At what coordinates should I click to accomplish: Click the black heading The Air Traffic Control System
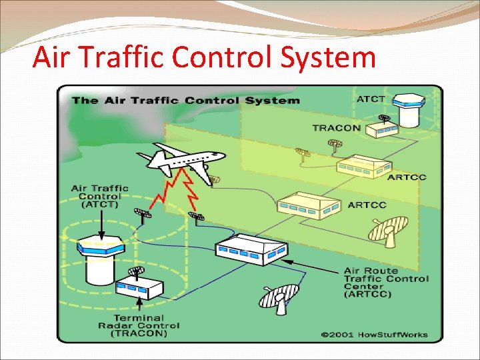point(185,101)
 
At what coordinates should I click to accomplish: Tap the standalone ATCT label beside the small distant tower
point(371,99)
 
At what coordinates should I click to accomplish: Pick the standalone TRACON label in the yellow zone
point(337,127)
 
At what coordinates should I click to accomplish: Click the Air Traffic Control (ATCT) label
point(99,196)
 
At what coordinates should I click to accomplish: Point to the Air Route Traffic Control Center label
point(386,283)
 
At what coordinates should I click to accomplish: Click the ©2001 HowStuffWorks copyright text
point(373,335)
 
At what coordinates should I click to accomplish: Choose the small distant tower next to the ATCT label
point(407,111)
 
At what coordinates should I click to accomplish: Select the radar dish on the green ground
point(280,297)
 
